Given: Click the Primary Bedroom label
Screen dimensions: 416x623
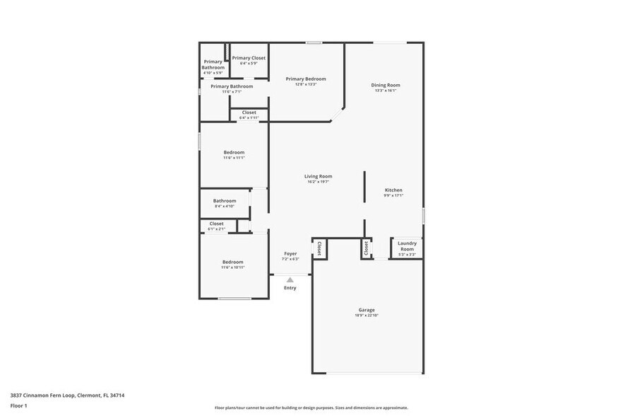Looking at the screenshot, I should point(305,79).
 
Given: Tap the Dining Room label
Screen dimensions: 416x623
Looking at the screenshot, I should point(386,85).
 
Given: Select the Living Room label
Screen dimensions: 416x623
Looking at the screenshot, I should point(318,176).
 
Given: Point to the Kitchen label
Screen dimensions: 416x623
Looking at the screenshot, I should point(393,190).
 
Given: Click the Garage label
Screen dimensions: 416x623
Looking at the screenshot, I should point(366,310).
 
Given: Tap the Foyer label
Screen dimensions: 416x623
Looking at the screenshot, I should point(290,253).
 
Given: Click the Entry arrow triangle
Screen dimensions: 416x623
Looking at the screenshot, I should point(290,280).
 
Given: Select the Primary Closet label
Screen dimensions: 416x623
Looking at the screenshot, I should point(249,57).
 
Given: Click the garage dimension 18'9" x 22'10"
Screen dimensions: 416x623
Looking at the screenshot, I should point(366,316).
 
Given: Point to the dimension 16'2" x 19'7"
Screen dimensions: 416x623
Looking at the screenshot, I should point(318,182).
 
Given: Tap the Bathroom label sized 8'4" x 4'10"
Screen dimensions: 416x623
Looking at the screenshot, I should point(225,200).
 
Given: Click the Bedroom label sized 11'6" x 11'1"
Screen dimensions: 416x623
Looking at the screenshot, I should point(234,152).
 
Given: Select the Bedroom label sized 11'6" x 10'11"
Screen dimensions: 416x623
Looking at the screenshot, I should point(233,262).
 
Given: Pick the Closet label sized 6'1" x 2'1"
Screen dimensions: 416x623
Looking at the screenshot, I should point(216,224).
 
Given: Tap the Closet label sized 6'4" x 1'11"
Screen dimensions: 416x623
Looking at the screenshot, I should point(249,112).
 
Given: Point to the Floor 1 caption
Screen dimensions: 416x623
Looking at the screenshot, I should point(18,405).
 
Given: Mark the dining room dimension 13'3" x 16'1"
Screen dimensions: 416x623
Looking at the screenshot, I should point(386,91).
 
